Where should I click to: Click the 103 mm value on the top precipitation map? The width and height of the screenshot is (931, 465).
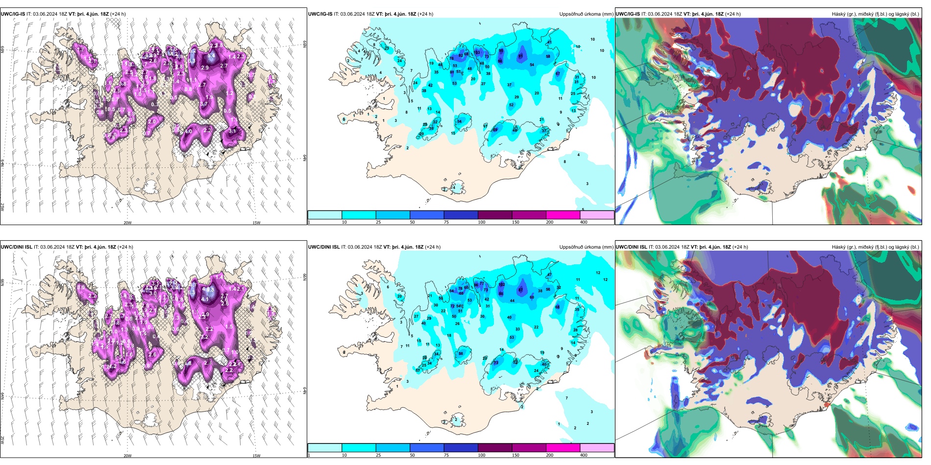(477, 52)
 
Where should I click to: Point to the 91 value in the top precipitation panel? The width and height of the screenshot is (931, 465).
(520, 56)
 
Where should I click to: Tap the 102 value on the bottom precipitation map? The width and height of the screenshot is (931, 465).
(501, 284)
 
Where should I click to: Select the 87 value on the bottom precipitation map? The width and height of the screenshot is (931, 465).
(520, 290)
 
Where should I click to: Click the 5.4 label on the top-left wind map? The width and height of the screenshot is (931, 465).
(211, 56)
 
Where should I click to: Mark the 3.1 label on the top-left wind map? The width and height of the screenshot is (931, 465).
(232, 131)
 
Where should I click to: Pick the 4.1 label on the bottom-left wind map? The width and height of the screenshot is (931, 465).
(205, 299)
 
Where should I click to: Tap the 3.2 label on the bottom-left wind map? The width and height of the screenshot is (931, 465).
(204, 337)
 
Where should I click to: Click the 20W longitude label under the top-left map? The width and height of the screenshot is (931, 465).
(127, 223)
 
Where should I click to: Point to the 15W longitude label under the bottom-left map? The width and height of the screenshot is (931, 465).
(256, 456)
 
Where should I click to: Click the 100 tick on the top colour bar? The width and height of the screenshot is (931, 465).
(482, 222)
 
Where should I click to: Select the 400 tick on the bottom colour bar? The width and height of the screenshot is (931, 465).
(584, 455)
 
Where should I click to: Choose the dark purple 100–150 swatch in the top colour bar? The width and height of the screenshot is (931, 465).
(495, 215)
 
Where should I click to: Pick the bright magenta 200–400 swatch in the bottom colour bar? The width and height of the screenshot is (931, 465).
(563, 448)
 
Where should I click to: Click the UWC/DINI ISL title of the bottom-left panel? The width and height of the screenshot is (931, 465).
(17, 247)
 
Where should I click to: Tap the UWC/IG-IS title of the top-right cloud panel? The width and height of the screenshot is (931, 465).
(628, 14)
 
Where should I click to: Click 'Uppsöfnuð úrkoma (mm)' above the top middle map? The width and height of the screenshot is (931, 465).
(586, 14)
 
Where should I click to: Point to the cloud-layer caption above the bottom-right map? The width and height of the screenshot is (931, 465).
(875, 247)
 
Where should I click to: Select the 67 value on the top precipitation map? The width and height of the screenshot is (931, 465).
(558, 74)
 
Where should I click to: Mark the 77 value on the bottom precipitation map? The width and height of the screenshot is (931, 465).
(481, 283)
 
